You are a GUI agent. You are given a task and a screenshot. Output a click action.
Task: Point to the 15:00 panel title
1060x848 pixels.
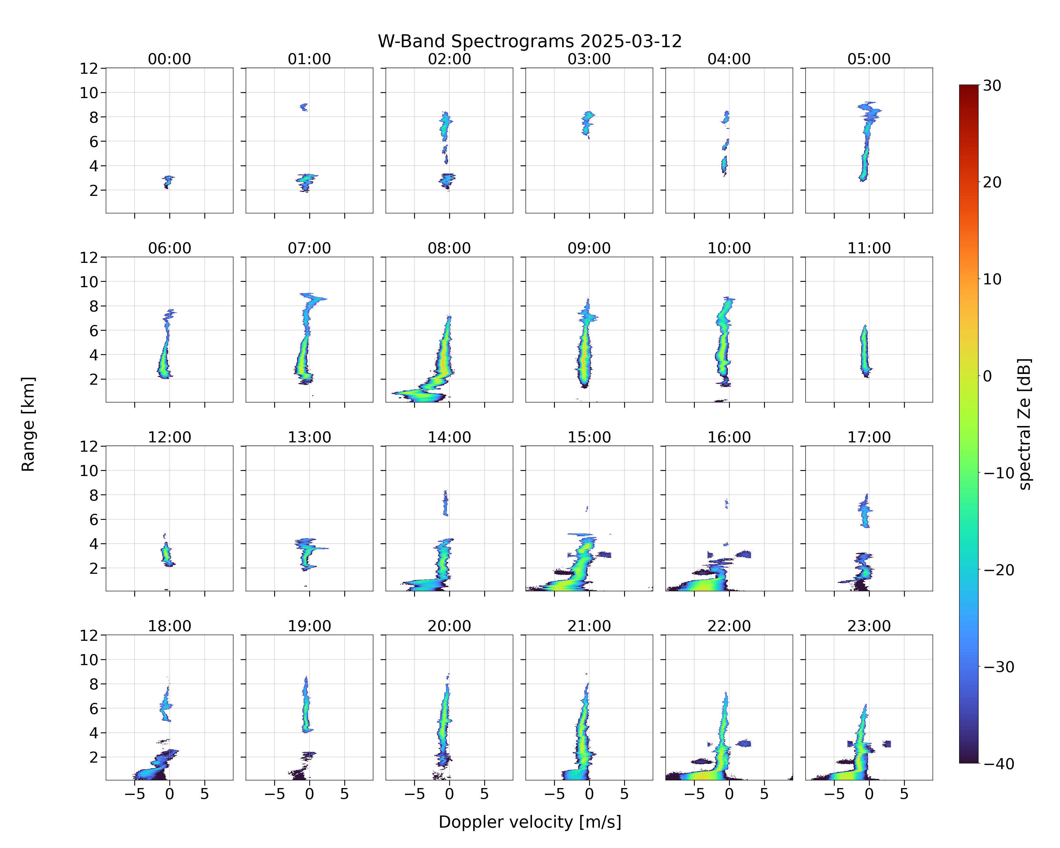(x=589, y=437)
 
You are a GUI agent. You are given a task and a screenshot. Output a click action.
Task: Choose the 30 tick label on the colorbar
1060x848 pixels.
(x=992, y=86)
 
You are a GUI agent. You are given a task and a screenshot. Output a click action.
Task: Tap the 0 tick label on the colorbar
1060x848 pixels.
(x=988, y=376)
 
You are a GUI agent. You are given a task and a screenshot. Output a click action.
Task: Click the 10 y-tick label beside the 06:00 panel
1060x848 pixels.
(x=90, y=282)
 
